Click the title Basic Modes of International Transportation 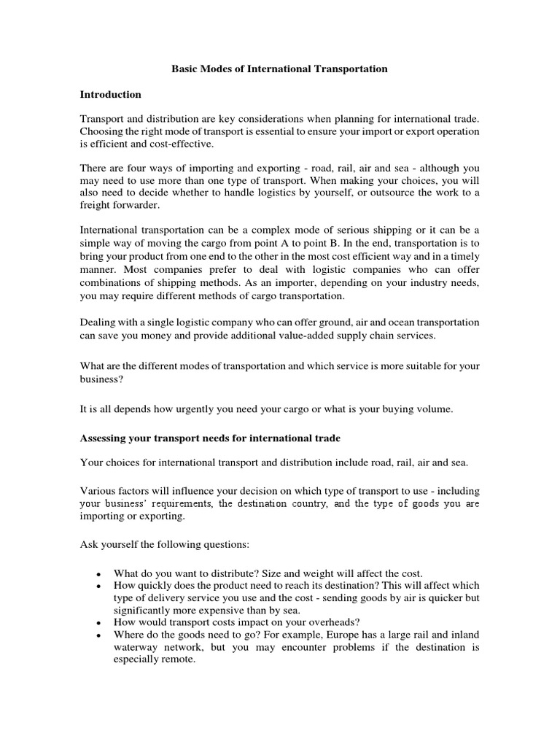pyautogui.click(x=279, y=69)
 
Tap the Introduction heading pyautogui.click(x=110, y=95)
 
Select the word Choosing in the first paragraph pyautogui.click(x=101, y=131)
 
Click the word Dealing pyautogui.click(x=98, y=323)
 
